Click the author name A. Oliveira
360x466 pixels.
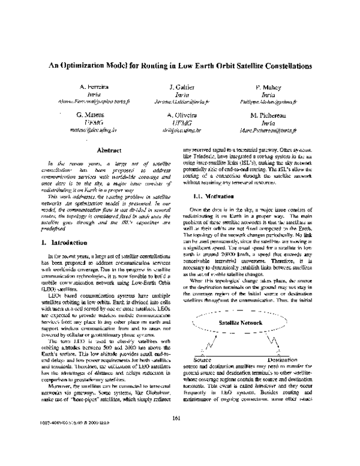[180, 114]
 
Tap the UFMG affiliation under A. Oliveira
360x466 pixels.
[180, 122]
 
